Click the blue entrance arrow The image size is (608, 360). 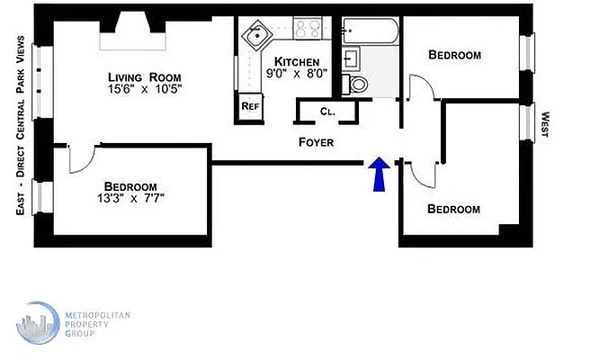point(379,174)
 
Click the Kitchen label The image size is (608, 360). point(291,61)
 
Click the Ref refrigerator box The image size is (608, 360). point(250,106)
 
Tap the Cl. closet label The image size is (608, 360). point(326,112)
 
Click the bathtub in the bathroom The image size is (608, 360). point(370,32)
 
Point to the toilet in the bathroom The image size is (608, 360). point(357,85)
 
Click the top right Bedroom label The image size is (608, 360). point(454,55)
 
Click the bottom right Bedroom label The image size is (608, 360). point(453,209)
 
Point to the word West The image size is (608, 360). point(545,125)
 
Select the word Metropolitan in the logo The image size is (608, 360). point(98,314)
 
